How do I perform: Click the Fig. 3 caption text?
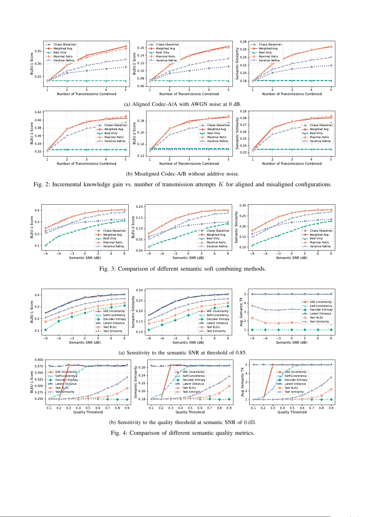point(182,269)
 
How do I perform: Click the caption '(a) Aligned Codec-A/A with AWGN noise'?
point(182,104)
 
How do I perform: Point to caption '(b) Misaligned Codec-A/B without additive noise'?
point(182,174)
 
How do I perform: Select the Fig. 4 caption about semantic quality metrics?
point(182,433)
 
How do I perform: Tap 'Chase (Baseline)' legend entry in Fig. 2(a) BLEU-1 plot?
point(64,44)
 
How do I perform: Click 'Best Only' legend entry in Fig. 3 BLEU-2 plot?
point(213,238)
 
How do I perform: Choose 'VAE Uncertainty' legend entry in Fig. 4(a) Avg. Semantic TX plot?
point(320,302)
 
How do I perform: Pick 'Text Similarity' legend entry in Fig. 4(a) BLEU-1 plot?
point(112,331)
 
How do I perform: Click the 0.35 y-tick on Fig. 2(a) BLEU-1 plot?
point(38,51)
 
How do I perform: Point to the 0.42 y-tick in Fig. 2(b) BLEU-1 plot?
point(38,112)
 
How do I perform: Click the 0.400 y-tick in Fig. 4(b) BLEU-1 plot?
point(39,360)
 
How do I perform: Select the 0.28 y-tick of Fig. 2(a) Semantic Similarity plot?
point(243,41)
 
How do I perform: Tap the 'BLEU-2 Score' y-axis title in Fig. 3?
point(133,227)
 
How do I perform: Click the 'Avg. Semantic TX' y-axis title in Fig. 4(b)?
point(243,384)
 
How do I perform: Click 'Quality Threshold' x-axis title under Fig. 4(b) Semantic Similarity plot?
point(190,412)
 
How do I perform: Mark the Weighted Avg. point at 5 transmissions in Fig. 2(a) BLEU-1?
point(126,46)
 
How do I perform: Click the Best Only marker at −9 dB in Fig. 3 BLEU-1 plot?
point(46,245)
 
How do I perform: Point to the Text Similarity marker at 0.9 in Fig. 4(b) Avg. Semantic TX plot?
point(331,377)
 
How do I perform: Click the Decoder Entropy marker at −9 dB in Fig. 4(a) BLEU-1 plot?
point(46,330)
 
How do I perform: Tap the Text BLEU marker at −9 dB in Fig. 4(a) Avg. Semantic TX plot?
point(252,318)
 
